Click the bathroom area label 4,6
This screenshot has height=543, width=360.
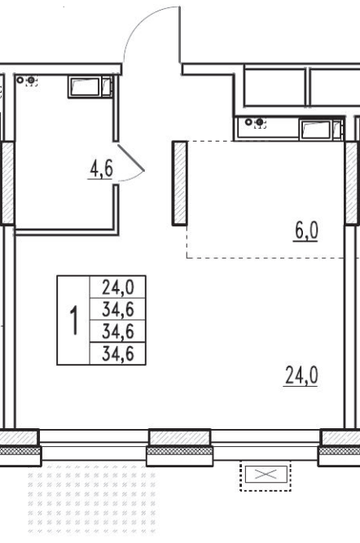tap(101, 169)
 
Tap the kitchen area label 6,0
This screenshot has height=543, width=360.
tap(306, 231)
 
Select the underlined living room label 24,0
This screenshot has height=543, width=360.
tap(301, 376)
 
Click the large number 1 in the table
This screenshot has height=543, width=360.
tap(74, 320)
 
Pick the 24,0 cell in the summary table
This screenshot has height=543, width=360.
tap(118, 287)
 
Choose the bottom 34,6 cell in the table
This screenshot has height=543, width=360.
tap(118, 354)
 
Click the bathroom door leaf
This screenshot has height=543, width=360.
tap(131, 158)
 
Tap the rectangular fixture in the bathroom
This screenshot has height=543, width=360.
tap(90, 87)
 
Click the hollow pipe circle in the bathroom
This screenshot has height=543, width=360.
tap(20, 81)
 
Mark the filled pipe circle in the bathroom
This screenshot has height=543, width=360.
tap(31, 81)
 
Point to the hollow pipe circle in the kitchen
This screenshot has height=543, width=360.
tap(248, 122)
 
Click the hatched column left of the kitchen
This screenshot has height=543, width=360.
tap(180, 183)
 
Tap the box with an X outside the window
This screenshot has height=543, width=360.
tap(266, 475)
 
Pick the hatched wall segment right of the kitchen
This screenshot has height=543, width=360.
tap(351, 183)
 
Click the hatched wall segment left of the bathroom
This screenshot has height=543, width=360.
tap(7, 183)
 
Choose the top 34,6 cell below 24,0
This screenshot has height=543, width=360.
tap(118, 309)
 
